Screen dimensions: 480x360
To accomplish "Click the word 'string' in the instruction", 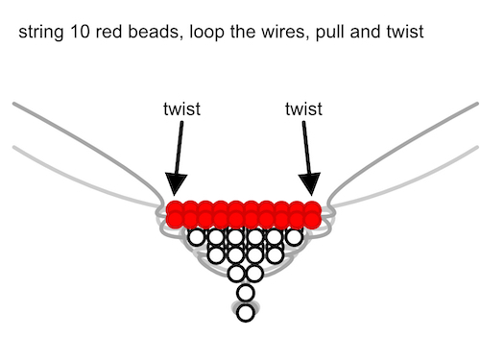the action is (x=40, y=33).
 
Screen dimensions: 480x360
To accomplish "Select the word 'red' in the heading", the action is (x=108, y=32).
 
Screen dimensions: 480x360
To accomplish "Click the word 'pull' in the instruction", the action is (x=330, y=33).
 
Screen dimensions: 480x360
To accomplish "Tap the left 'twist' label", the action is (x=181, y=108).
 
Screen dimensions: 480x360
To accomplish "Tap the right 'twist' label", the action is (x=303, y=108).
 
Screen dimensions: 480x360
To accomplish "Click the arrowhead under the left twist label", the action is (x=176, y=184).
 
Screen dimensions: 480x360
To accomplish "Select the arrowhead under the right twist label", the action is (x=310, y=184).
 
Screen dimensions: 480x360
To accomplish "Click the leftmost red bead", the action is (x=175, y=214).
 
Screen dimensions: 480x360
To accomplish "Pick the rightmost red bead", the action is (x=312, y=214).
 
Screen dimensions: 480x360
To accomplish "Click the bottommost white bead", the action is (x=246, y=313).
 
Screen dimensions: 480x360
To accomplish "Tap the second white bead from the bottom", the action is (x=246, y=293).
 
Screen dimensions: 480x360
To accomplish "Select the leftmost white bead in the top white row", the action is (x=196, y=237).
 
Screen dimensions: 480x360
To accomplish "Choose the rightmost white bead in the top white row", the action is (x=295, y=237).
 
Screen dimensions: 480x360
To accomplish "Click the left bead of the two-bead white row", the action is (x=236, y=273).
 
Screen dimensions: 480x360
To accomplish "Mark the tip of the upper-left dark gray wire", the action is (x=13, y=104).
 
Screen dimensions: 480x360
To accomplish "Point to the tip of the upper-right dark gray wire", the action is (x=477, y=104).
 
